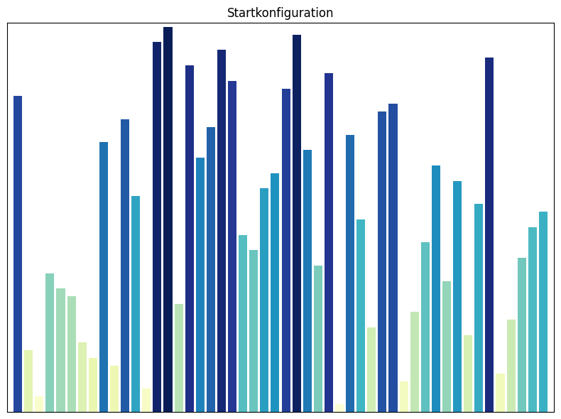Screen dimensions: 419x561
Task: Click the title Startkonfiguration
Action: pyautogui.click(x=280, y=13)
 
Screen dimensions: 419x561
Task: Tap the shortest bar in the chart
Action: pyautogui.click(x=339, y=408)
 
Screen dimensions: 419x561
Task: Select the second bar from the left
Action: pyautogui.click(x=28, y=381)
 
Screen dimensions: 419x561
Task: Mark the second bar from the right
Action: pyautogui.click(x=533, y=319)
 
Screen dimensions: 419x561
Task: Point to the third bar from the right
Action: pyautogui.click(x=522, y=334)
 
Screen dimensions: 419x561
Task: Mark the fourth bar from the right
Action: pyautogui.click(x=511, y=365)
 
